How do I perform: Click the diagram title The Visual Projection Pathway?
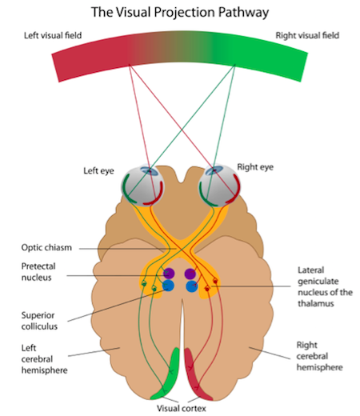180,13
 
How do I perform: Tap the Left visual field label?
53,35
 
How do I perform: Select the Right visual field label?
307,35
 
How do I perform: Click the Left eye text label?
98,171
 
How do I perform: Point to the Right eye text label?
255,167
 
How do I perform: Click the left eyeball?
142,186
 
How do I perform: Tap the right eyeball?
220,185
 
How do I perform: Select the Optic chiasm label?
46,248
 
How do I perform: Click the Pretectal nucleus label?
38,272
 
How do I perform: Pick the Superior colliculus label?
39,321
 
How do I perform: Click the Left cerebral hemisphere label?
44,359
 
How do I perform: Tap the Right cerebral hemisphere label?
319,356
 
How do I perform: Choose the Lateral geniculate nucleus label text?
325,286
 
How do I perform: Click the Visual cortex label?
182,408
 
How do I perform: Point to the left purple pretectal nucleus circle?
169,274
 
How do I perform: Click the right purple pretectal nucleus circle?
190,274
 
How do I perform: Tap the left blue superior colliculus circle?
168,286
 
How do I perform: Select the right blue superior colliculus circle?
192,286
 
